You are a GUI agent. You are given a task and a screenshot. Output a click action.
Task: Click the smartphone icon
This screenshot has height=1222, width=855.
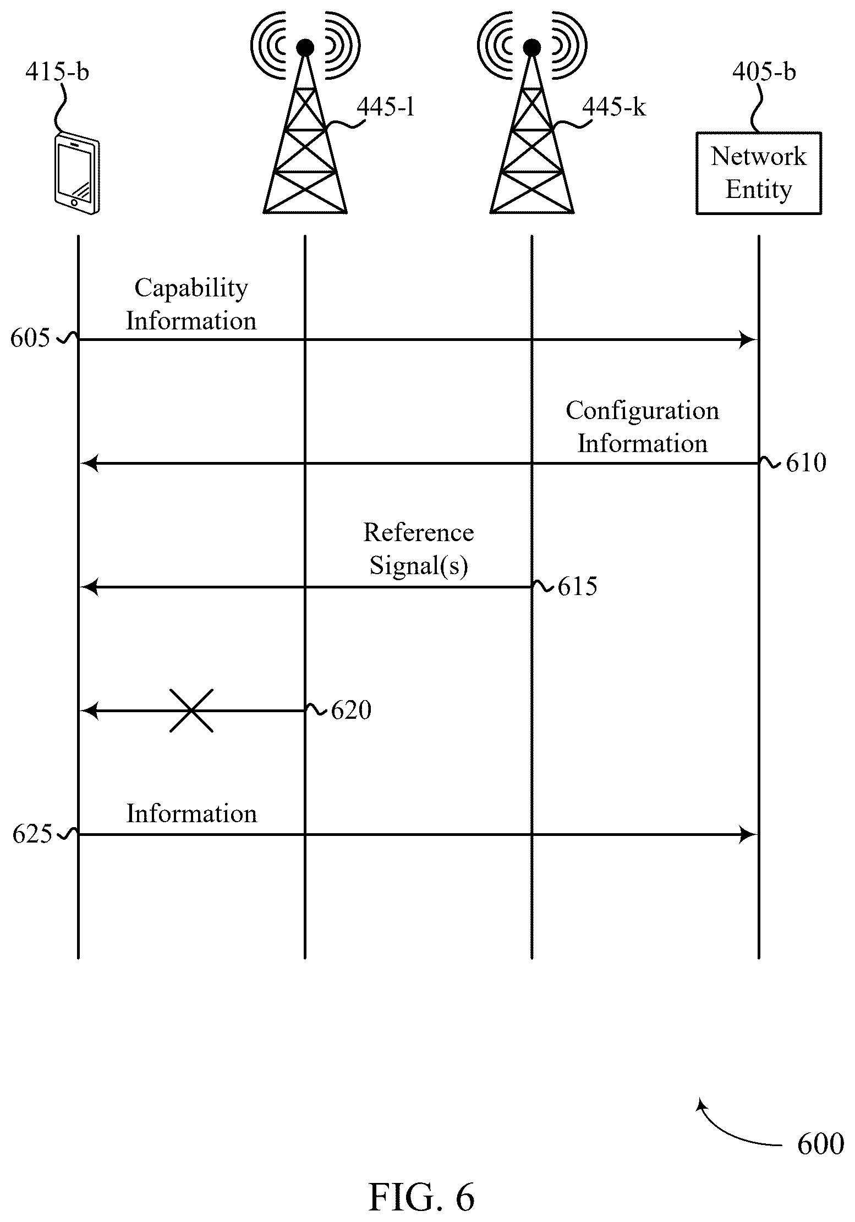[x=78, y=173]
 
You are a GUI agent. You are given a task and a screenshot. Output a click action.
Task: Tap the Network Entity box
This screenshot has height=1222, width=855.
[x=759, y=173]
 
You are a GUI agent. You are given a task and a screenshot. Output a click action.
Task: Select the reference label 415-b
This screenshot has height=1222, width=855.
[x=57, y=72]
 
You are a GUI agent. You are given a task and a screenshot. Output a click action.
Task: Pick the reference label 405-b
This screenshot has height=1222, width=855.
[x=764, y=72]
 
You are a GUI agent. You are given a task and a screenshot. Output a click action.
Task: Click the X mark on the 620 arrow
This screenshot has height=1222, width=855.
[x=191, y=711]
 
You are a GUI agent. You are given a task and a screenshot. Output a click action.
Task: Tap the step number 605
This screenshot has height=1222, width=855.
[x=30, y=338]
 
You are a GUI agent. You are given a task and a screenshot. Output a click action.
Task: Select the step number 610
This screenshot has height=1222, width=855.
[x=806, y=463]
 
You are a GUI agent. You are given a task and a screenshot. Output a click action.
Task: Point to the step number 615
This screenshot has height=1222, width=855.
[x=577, y=587]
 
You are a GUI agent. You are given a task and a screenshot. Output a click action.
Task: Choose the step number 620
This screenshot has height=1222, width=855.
[x=351, y=711]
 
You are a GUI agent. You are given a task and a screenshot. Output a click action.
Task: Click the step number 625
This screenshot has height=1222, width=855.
[x=32, y=834]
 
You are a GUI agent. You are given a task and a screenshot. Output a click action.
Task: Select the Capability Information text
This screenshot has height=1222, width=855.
[x=191, y=304]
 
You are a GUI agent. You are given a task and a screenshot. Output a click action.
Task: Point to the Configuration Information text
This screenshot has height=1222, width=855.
[x=643, y=427]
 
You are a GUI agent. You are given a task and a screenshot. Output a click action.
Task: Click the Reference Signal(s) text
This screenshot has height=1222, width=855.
[x=419, y=549]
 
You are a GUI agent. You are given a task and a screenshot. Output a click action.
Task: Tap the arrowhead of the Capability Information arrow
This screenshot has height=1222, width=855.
[x=749, y=340]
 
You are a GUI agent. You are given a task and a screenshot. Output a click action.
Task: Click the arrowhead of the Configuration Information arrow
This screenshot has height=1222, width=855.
[x=90, y=464]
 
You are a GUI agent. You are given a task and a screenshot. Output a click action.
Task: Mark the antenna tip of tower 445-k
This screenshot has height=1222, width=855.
[x=531, y=48]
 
